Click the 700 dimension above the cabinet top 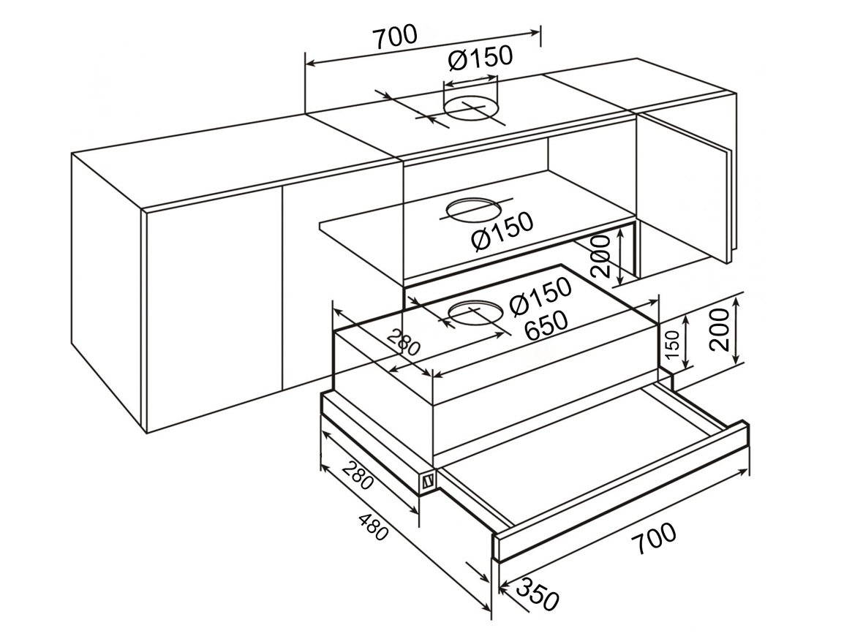pos(395,37)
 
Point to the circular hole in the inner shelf pos(473,210)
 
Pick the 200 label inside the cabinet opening pos(600,257)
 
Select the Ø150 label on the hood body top pos(540,297)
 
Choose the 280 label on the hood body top pos(404,343)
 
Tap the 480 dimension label pos(373,526)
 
